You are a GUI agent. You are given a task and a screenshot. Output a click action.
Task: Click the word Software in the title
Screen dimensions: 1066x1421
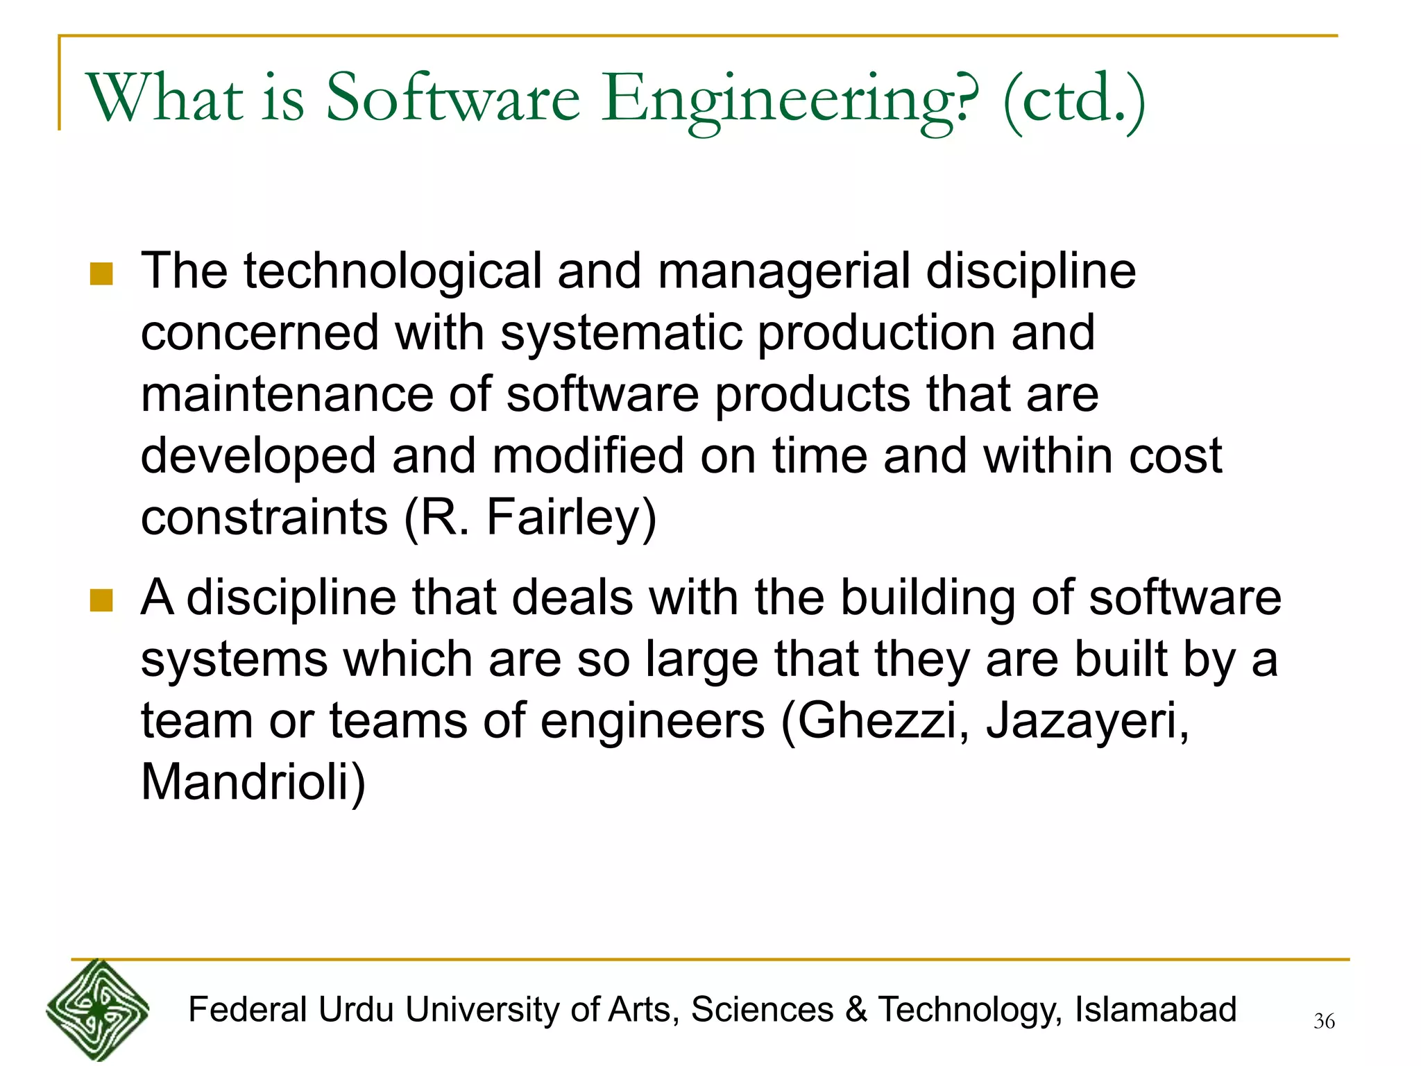point(452,99)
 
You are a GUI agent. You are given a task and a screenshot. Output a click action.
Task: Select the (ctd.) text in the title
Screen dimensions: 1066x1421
point(1073,101)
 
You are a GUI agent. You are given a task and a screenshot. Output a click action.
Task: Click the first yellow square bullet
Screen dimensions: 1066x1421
point(101,273)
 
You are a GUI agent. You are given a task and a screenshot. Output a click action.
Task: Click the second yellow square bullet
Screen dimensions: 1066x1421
point(101,600)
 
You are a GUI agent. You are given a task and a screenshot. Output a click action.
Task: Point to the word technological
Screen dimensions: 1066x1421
point(392,272)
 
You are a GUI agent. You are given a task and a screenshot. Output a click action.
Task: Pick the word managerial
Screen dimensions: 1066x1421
point(783,272)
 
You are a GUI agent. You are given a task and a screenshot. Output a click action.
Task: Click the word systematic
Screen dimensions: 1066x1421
point(620,334)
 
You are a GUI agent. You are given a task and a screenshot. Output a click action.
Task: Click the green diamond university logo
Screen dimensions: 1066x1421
point(97,1010)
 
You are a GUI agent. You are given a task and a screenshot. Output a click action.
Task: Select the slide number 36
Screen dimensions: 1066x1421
point(1324,1022)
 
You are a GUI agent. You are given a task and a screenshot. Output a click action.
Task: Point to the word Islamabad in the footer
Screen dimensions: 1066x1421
point(1155,1010)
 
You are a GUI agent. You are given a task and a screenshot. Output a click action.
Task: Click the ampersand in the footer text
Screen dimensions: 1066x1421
point(856,1010)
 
